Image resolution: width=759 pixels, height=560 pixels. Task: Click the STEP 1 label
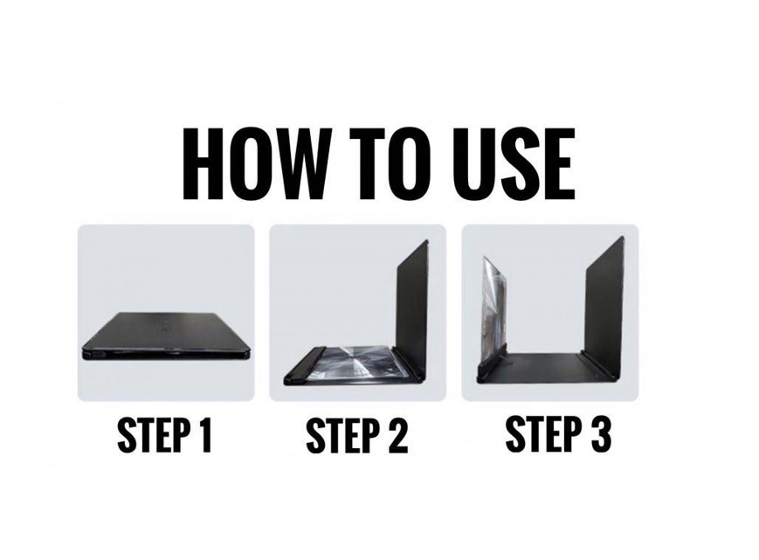point(164,434)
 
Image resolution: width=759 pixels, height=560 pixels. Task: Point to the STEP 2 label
point(357,435)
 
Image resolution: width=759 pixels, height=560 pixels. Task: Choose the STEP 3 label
point(558,433)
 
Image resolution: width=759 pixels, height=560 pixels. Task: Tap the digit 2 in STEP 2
point(397,435)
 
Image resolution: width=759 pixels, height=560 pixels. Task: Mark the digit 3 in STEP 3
point(599,433)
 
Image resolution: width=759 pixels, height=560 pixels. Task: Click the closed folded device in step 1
point(167,336)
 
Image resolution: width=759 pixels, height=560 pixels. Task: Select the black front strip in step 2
point(304,364)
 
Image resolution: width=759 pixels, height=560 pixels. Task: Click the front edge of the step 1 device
point(167,355)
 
